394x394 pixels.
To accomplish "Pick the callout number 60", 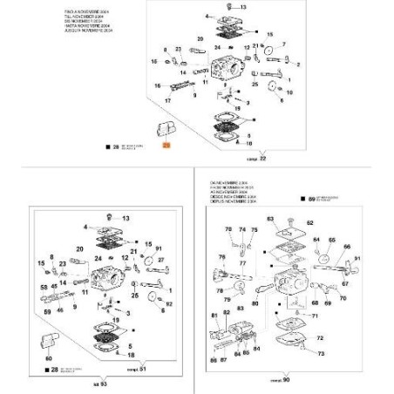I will coord(49,357).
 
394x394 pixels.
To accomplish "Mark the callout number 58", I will coord(44,286).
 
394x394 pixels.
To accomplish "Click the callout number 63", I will coord(269,218).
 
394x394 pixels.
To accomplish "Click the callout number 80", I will coord(254,304).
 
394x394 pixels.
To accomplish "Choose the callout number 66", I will coord(346,247).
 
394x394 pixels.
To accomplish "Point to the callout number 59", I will coord(46,308).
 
